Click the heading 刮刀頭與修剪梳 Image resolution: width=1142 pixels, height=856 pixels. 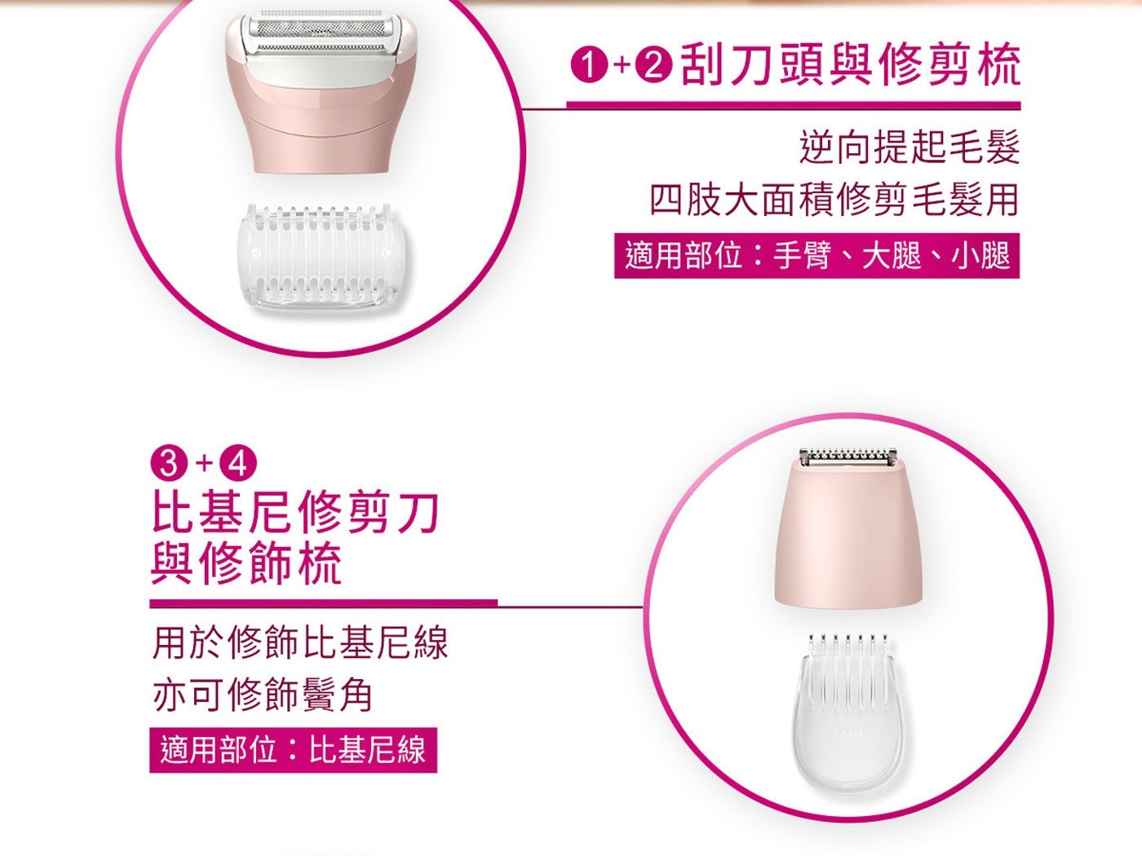[x=851, y=65]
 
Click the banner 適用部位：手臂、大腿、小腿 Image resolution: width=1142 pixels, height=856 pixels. [x=817, y=256]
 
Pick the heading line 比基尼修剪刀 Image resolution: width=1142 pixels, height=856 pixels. [x=294, y=513]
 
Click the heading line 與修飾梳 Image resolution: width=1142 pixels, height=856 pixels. [x=246, y=563]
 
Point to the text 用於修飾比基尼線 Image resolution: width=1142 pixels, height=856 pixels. [x=300, y=643]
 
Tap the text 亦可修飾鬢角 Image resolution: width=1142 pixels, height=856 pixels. [x=263, y=695]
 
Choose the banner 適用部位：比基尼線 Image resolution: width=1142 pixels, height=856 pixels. [x=294, y=750]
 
